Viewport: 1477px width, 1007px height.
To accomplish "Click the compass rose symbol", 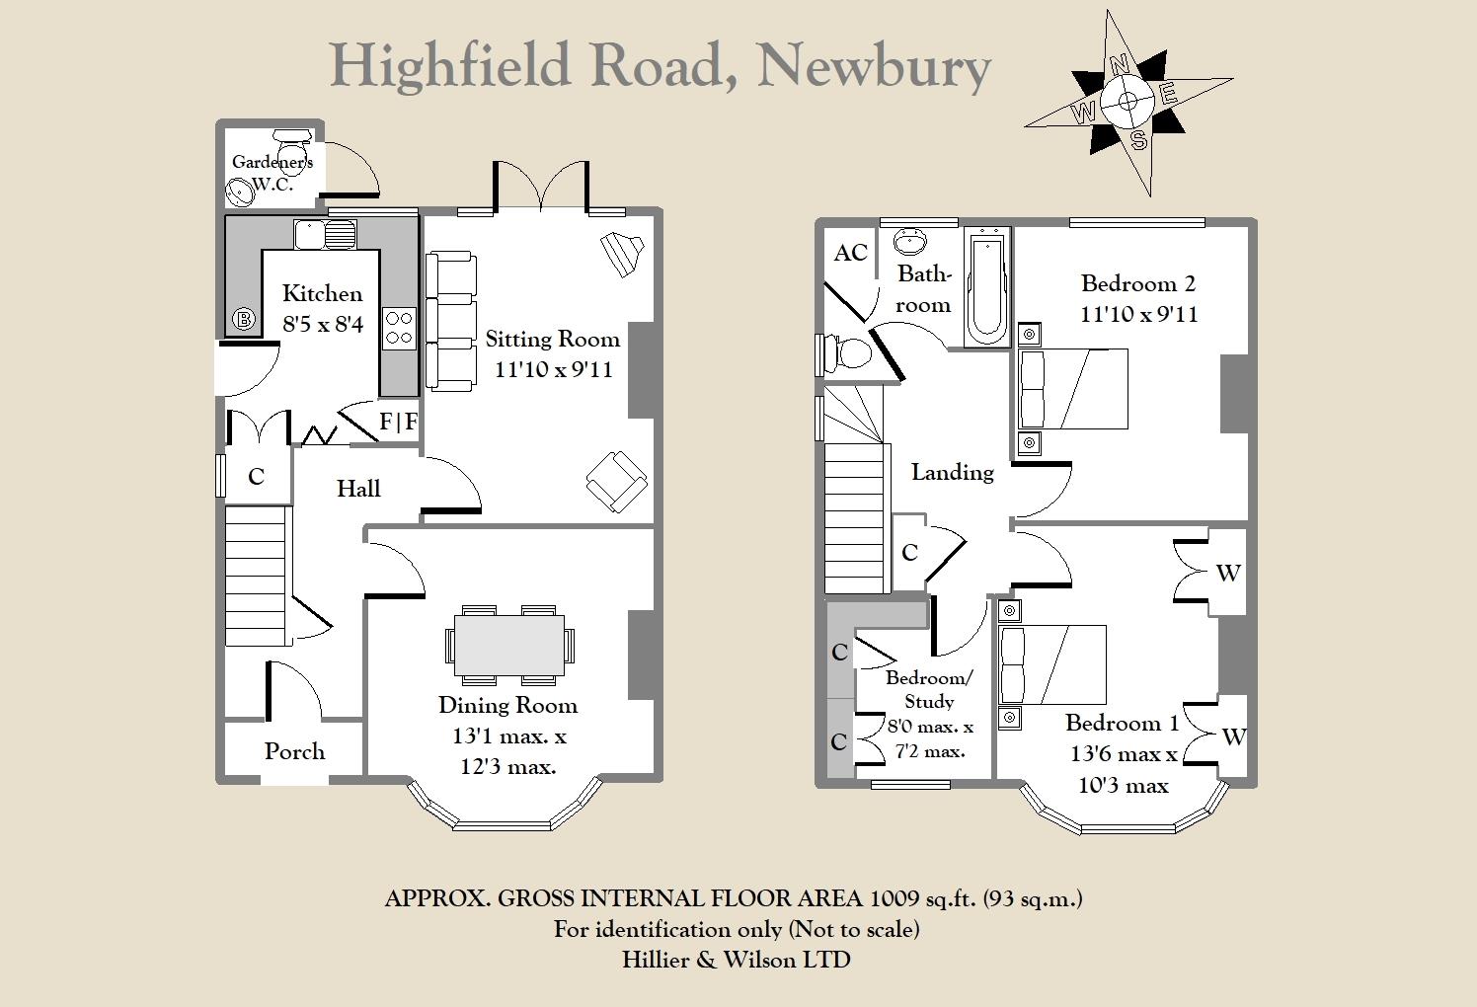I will pyautogui.click(x=1127, y=100).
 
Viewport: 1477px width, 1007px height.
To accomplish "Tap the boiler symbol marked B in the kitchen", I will pyautogui.click(x=243, y=319).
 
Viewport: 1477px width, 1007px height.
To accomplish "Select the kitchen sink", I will pyautogui.click(x=325, y=235).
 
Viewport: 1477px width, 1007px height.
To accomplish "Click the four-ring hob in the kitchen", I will pyautogui.click(x=399, y=328).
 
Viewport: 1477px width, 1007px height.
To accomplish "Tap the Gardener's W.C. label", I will pyautogui.click(x=272, y=172).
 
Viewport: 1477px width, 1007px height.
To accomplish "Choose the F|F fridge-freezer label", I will pyautogui.click(x=398, y=423).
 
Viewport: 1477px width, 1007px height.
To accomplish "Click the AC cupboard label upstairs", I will pyautogui.click(x=850, y=253).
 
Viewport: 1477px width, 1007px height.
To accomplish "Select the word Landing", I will pyautogui.click(x=952, y=473).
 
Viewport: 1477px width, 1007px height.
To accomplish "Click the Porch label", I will pyautogui.click(x=294, y=751).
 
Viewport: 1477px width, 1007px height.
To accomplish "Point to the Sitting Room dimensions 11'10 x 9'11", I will pyautogui.click(x=553, y=370).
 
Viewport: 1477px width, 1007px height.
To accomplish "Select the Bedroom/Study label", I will pyautogui.click(x=929, y=690).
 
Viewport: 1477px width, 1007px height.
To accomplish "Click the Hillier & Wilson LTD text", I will pyautogui.click(x=737, y=960).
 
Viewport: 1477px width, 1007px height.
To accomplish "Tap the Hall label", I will pyautogui.click(x=358, y=489).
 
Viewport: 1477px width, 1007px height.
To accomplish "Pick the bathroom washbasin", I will pyautogui.click(x=909, y=240).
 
